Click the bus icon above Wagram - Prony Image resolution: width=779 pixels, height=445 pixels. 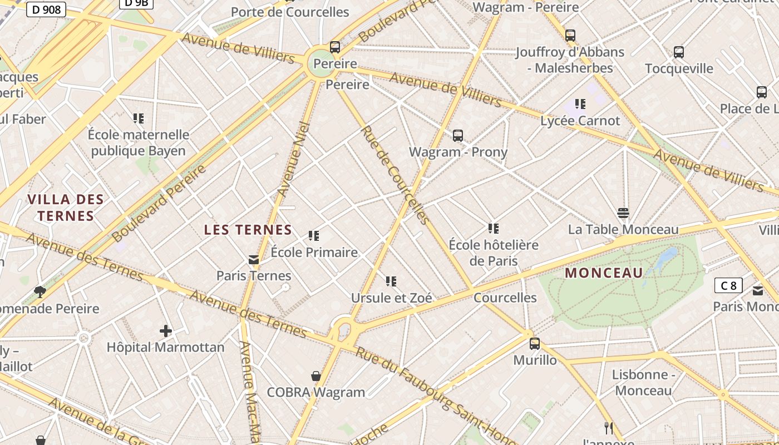458,135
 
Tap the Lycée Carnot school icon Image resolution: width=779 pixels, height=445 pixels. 580,104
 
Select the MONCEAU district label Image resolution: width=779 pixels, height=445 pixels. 604,273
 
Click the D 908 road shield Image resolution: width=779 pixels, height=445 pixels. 46,9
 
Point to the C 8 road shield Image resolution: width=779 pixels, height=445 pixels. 728,286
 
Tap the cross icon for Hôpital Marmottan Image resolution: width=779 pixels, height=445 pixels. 166,331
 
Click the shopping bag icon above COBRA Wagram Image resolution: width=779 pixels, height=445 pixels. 316,377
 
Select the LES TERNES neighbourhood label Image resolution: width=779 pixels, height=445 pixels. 248,230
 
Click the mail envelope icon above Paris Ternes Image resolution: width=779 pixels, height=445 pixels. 254,259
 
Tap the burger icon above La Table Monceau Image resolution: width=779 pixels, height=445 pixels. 623,213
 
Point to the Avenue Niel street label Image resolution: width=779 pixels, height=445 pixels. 293,159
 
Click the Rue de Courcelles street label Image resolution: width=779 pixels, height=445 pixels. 395,175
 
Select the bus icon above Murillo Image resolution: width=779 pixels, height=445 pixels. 535,343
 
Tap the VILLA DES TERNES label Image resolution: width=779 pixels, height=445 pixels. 66,207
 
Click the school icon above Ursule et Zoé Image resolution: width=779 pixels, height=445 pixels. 391,281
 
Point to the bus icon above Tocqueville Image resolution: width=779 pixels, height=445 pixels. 679,52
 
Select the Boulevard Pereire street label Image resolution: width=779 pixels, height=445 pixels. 159,204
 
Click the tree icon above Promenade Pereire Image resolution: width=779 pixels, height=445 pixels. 40,291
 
